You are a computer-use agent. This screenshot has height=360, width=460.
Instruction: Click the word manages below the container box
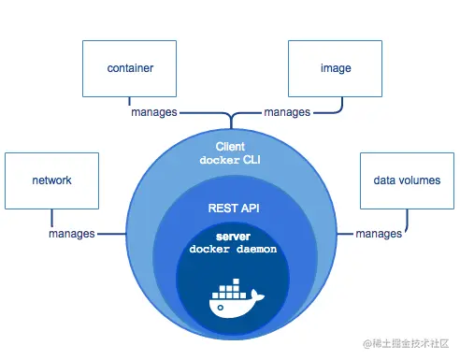tap(151, 112)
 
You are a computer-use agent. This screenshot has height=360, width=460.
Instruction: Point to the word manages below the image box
tap(287, 112)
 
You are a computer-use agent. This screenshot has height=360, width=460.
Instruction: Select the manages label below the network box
tap(71, 233)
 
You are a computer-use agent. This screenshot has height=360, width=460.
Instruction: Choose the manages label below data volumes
tap(379, 233)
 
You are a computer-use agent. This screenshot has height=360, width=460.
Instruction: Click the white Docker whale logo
tap(231, 299)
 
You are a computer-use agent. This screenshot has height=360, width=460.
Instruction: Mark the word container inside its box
tap(130, 68)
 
